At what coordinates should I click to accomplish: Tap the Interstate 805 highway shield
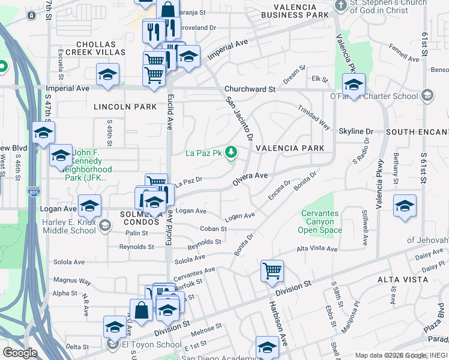click(33, 193)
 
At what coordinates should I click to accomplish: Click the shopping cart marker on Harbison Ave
click(273, 271)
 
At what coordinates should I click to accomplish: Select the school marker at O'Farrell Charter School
click(354, 85)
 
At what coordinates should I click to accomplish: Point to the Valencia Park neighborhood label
click(290, 148)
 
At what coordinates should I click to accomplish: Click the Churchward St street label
click(250, 89)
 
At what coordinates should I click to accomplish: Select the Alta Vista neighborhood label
click(401, 280)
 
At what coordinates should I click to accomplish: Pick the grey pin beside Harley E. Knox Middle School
click(105, 226)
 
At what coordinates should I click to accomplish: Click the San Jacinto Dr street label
click(238, 118)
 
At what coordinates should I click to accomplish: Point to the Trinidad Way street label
click(315, 117)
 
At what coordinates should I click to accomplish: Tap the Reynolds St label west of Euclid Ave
click(133, 247)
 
